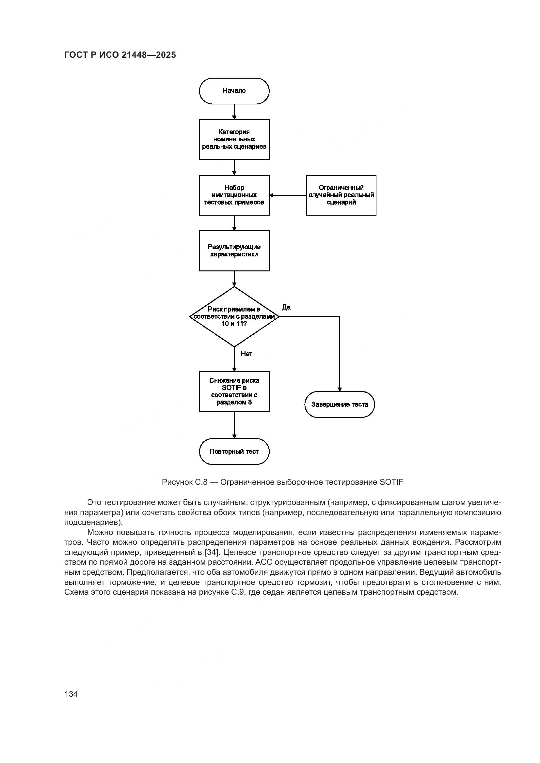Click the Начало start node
click(x=234, y=91)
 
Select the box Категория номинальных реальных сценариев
click(x=234, y=139)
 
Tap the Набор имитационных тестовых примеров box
click(x=234, y=195)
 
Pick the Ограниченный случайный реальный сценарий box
click(x=341, y=195)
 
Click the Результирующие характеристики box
click(x=234, y=251)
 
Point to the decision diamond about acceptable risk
click(x=234, y=316)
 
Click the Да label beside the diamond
click(x=286, y=307)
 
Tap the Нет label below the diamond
click(x=246, y=354)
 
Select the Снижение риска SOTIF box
click(x=234, y=391)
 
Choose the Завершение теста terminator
click(x=340, y=404)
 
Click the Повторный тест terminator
click(x=234, y=451)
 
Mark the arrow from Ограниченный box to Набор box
click(x=288, y=195)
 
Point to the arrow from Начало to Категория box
click(x=234, y=112)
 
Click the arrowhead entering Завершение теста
click(x=340, y=389)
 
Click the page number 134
click(x=71, y=694)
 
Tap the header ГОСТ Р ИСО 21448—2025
click(x=120, y=55)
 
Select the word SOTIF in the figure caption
click(x=391, y=482)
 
